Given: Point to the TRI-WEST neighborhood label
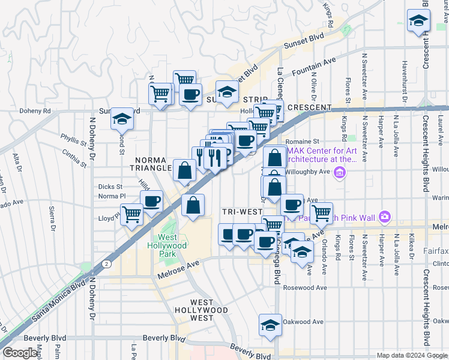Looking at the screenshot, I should [242, 212].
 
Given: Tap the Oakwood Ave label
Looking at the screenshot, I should [304, 321].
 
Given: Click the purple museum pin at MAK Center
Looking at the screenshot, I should [340, 173].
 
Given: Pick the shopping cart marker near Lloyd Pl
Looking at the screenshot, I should [131, 213].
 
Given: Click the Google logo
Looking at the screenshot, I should [20, 353].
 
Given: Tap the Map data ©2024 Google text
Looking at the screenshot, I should [412, 355].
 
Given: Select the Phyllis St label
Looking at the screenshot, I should [73, 139].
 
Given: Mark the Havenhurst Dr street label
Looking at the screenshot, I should [405, 73].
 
